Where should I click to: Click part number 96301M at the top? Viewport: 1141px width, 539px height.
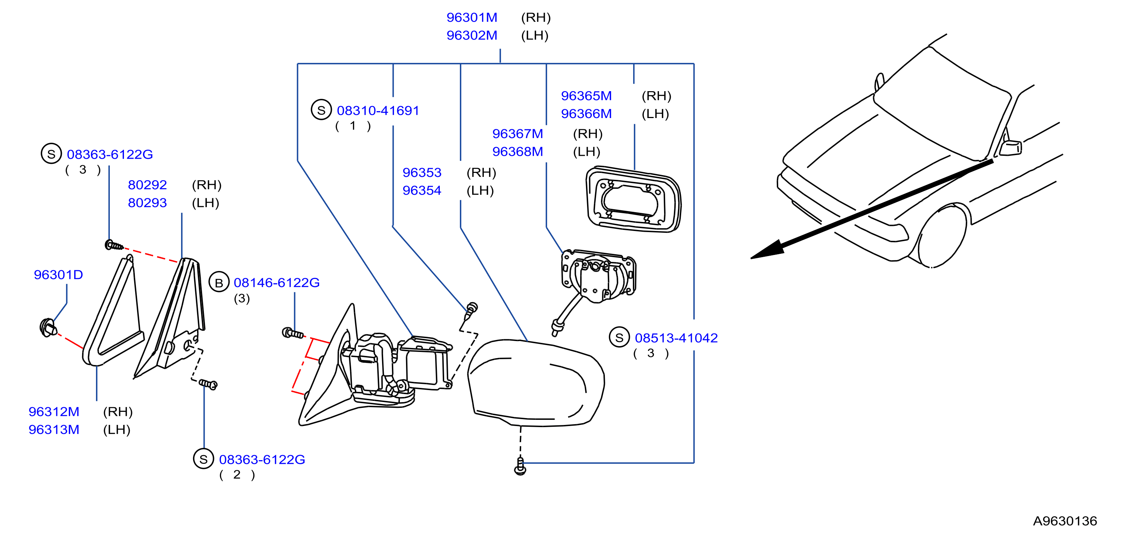click(472, 17)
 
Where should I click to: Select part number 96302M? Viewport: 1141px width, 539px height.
click(472, 35)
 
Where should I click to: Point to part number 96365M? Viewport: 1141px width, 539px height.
click(586, 96)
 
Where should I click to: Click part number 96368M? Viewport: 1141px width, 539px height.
click(517, 151)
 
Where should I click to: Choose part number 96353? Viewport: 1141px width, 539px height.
click(422, 172)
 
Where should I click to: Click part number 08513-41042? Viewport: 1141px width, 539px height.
click(676, 338)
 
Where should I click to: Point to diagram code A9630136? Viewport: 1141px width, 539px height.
click(1065, 521)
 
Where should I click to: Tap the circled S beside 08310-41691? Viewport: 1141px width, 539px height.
click(322, 110)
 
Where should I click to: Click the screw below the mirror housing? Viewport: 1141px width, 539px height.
click(521, 466)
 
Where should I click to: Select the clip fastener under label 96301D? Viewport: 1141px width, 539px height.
click(48, 328)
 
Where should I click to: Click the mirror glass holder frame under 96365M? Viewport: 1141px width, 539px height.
click(634, 199)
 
